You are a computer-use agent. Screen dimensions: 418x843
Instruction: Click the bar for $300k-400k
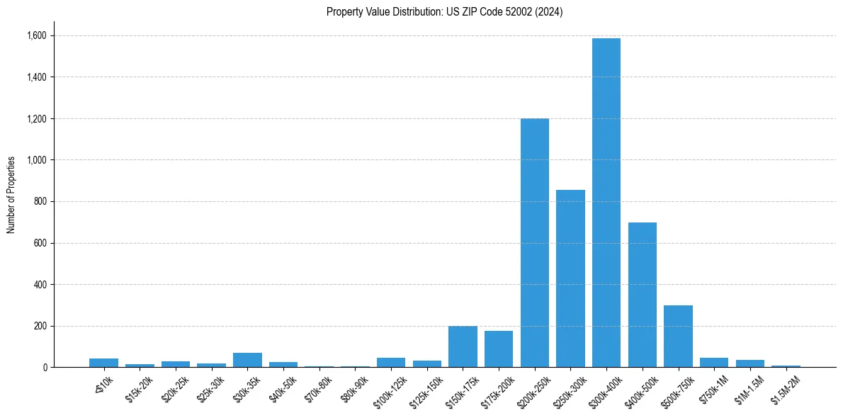point(606,203)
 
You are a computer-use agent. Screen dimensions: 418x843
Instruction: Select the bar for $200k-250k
point(535,243)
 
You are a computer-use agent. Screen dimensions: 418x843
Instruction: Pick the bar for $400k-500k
point(643,295)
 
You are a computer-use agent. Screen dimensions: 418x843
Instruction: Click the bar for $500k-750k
point(678,337)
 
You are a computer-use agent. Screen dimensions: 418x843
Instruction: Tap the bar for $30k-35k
point(247,360)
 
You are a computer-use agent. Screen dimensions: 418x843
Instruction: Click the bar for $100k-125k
point(391,363)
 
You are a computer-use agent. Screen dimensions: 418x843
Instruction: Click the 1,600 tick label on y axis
point(35,35)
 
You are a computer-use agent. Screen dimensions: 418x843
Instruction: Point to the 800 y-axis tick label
point(40,201)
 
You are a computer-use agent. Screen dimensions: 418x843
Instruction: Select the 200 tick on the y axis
point(40,326)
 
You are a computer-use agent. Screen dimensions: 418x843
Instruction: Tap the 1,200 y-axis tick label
point(35,118)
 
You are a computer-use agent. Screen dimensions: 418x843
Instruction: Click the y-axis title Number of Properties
point(11,195)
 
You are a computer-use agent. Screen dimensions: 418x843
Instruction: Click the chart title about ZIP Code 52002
point(444,12)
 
